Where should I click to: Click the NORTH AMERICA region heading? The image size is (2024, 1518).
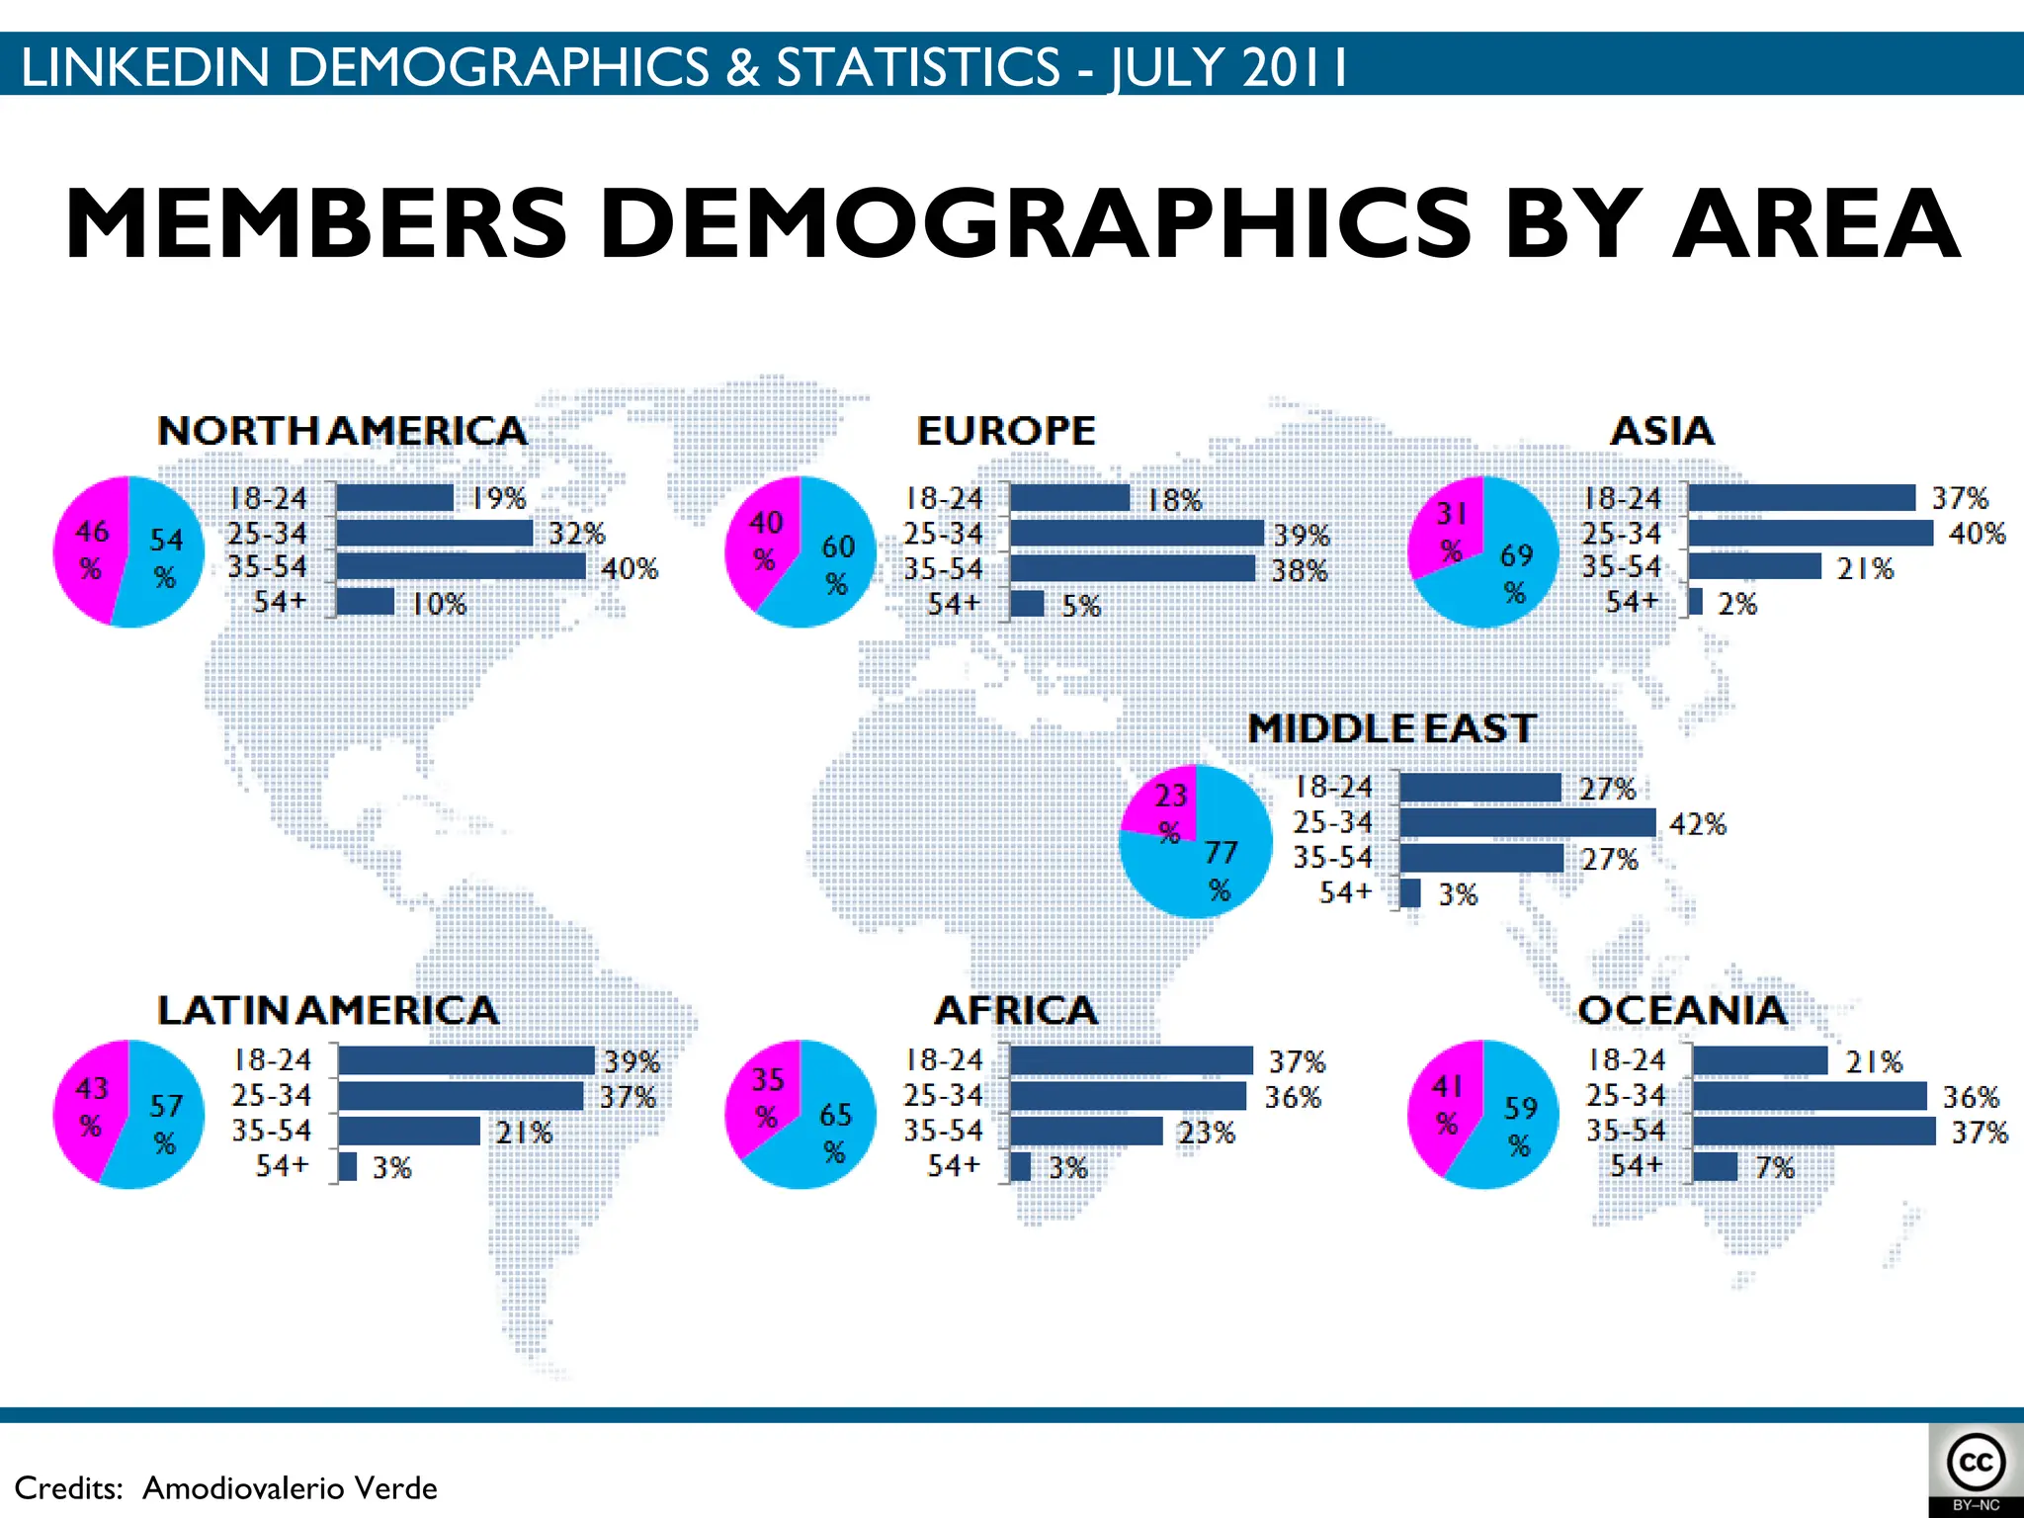[x=342, y=432]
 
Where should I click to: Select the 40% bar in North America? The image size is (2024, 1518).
[x=461, y=567]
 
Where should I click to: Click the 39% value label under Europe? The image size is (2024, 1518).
[x=1301, y=536]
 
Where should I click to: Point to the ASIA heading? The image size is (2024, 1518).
[x=1662, y=432]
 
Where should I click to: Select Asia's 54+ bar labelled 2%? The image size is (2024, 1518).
[x=1696, y=602]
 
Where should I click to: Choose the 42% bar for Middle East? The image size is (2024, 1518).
[x=1527, y=823]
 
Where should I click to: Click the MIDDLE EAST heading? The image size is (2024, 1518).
[x=1391, y=729]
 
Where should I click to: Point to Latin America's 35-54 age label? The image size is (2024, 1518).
[x=271, y=1131]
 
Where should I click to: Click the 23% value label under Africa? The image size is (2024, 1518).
[x=1206, y=1133]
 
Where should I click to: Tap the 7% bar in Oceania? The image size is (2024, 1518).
[x=1715, y=1167]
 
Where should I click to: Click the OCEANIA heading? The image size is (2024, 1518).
[x=1682, y=1011]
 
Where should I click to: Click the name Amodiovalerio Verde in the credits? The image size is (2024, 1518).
[x=290, y=1488]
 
